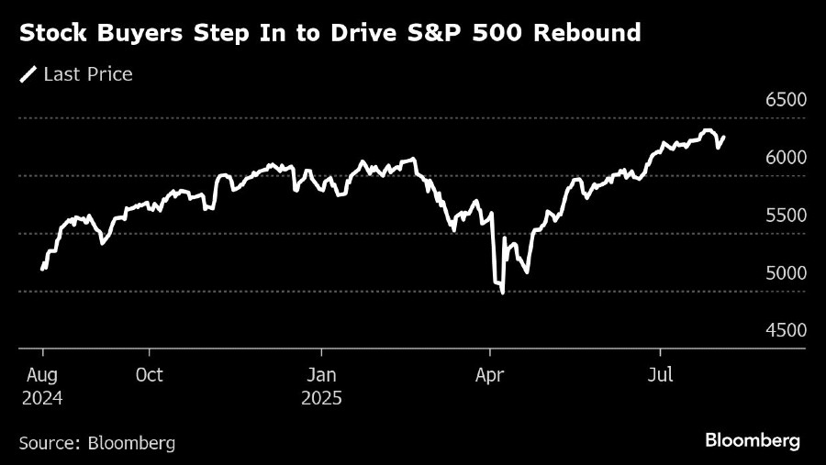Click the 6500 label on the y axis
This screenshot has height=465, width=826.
tap(786, 100)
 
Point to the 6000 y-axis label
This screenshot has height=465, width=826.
tap(786, 158)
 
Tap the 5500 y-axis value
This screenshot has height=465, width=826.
tap(786, 216)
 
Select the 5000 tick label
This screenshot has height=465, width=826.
tap(786, 273)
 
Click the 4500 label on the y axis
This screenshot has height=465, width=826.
tap(786, 330)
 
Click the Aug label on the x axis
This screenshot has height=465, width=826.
tap(44, 375)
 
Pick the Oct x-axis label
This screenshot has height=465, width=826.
tap(149, 375)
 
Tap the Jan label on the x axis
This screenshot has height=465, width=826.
tap(321, 375)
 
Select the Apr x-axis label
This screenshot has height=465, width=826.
tap(491, 375)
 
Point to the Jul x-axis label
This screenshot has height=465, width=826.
tap(660, 375)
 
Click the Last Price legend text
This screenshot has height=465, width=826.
tap(88, 74)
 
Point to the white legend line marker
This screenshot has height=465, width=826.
tap(28, 74)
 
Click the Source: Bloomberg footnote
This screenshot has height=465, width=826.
tap(96, 443)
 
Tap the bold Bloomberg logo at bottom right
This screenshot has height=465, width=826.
tap(753, 441)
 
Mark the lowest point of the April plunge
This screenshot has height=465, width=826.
tap(502, 293)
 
